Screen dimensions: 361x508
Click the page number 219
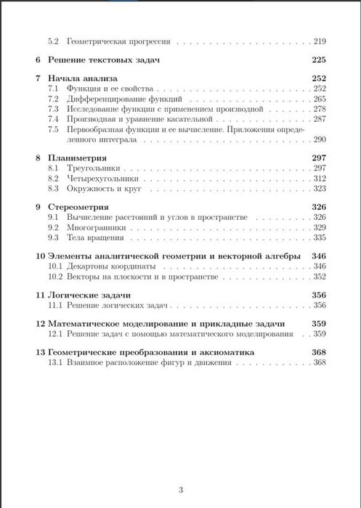click(320, 42)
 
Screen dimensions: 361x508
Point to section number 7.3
click(53, 108)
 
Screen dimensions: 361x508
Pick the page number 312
click(320, 178)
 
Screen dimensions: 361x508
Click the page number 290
click(320, 138)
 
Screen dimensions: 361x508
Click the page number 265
click(320, 98)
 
